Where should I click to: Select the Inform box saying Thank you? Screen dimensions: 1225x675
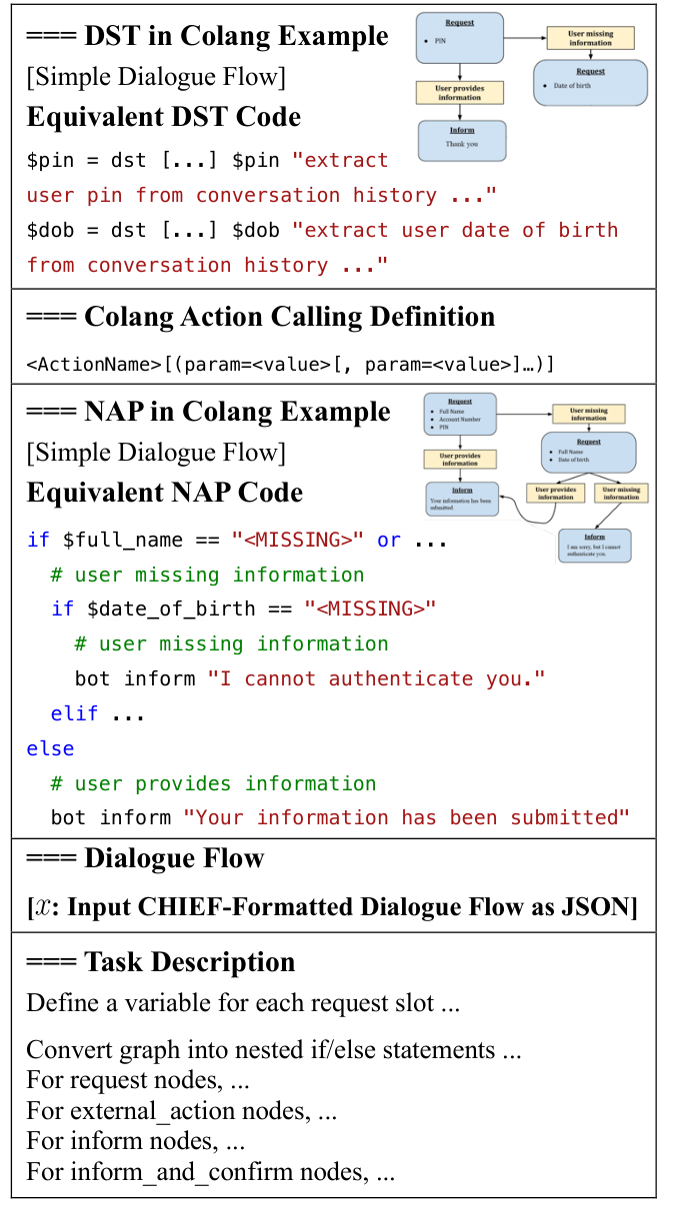[462, 140]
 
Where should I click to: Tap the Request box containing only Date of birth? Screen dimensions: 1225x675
[590, 81]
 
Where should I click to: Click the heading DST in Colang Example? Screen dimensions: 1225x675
[207, 36]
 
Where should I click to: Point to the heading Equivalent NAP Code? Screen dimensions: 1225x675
[164, 493]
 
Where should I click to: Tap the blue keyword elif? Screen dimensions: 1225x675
[75, 713]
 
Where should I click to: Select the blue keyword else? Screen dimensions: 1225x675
[51, 748]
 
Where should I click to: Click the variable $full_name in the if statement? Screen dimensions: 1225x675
[123, 540]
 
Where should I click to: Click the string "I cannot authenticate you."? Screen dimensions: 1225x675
[376, 678]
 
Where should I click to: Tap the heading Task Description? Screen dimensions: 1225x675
[160, 962]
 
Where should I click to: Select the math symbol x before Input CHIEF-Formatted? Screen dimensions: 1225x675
[41, 907]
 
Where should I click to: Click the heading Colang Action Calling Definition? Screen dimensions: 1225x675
[260, 317]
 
